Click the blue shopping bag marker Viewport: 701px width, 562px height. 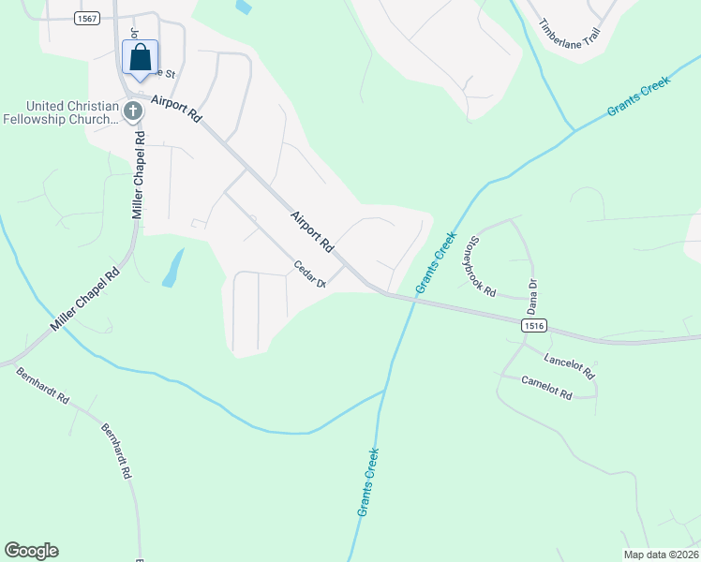point(140,58)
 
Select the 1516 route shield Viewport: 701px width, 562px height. point(534,325)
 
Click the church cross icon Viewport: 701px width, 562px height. point(132,112)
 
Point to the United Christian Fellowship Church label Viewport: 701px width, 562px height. point(61,112)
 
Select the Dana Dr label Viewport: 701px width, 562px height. point(531,295)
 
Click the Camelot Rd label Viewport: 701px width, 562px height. point(546,389)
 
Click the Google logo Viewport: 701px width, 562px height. point(31,551)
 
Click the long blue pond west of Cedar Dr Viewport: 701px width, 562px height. point(172,268)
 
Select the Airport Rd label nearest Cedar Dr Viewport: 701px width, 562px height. point(312,232)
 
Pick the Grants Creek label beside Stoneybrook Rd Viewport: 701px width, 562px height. point(434,262)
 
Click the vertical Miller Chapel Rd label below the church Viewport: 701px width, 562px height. point(139,175)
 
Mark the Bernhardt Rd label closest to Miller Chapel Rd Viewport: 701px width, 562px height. point(42,385)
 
